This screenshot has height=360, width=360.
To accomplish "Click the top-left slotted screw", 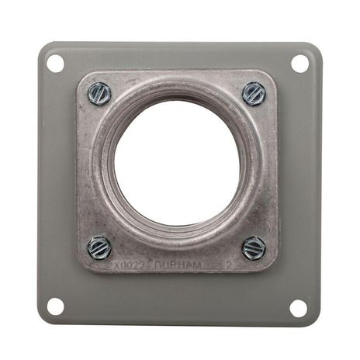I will pyautogui.click(x=99, y=94).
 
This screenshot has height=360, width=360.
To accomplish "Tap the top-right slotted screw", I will pyautogui.click(x=254, y=93).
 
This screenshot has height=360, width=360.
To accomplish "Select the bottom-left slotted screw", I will pyautogui.click(x=99, y=247).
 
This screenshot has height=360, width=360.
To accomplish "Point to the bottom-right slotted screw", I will pyautogui.click(x=254, y=248).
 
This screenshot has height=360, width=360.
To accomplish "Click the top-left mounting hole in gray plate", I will pyautogui.click(x=55, y=64).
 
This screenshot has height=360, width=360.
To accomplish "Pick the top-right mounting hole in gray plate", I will pyautogui.click(x=299, y=64).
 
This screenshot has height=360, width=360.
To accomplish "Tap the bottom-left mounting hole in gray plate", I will pyautogui.click(x=55, y=306).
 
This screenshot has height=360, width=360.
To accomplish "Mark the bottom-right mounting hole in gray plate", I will pyautogui.click(x=299, y=307).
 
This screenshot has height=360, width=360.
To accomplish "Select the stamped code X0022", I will pyautogui.click(x=129, y=265).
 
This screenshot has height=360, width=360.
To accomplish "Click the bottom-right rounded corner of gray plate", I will pyautogui.click(x=313, y=319).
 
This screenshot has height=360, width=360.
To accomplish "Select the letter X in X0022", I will pyautogui.click(x=116, y=265).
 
